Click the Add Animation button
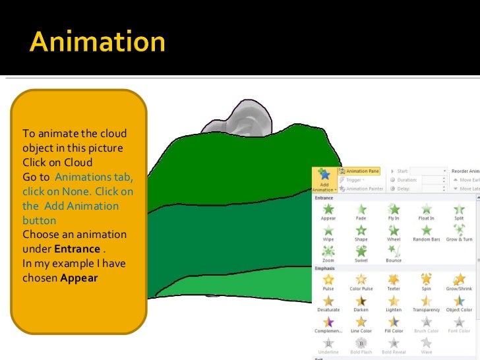coord(323,179)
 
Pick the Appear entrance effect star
coord(328,210)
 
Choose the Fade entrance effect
coord(361,210)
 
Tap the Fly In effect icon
coord(394,210)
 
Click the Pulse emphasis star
coord(328,280)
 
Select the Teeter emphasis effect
coord(394,280)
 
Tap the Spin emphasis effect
coord(426,280)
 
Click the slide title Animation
coord(98,43)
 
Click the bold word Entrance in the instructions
coord(76,249)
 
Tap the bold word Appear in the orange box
coord(78,278)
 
